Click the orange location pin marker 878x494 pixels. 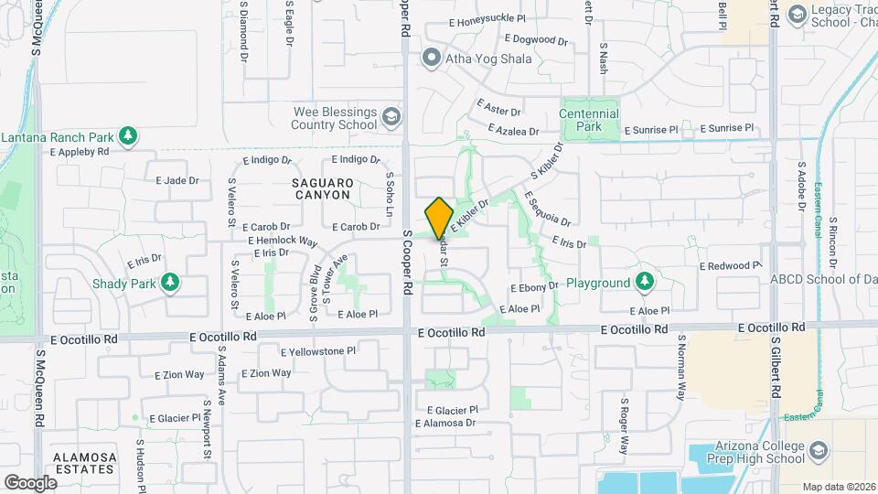pos(439,218)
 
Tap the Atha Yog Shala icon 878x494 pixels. pos(431,59)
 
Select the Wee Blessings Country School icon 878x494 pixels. pos(391,116)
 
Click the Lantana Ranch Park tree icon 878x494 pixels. pos(128,137)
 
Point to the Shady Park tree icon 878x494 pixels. pos(169,283)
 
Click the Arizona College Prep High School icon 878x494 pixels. pos(817,451)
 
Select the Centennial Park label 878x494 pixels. pos(589,120)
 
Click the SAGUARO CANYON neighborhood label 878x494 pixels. pos(322,188)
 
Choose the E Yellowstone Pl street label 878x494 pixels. pos(317,350)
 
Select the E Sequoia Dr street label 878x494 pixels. pos(547,208)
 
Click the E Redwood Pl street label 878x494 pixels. pos(730,265)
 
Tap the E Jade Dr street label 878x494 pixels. pos(177,180)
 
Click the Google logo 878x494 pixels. pos(30,482)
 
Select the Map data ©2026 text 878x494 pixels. pos(838,487)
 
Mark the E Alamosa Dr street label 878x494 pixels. pos(445,423)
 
